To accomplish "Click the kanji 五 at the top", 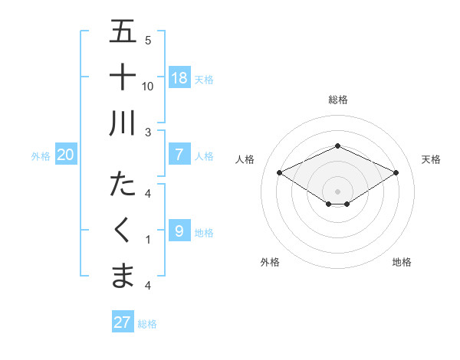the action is point(123,31).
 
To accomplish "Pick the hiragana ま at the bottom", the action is point(123,275).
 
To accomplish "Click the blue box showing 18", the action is point(179,77).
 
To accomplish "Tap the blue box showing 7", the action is point(179,154).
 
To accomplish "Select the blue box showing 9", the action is point(179,230).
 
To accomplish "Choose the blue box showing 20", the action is point(66,155).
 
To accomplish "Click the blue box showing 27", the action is point(122,322).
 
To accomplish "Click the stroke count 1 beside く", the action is point(148,240).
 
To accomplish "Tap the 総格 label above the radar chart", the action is point(337,100).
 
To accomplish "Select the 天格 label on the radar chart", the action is point(431,159).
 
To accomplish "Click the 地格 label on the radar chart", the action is point(402,262).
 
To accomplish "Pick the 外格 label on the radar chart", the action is point(270,262).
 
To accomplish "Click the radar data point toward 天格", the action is point(396,172).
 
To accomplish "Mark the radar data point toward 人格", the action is point(279,172).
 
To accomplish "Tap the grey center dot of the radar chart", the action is point(337,191).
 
